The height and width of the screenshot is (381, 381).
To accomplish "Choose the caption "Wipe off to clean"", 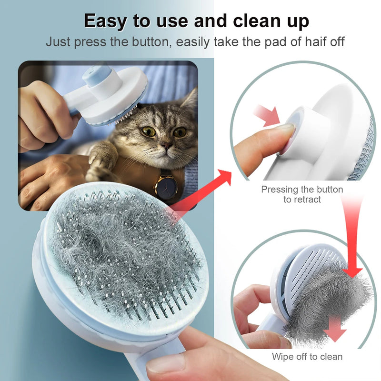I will [307, 356].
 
